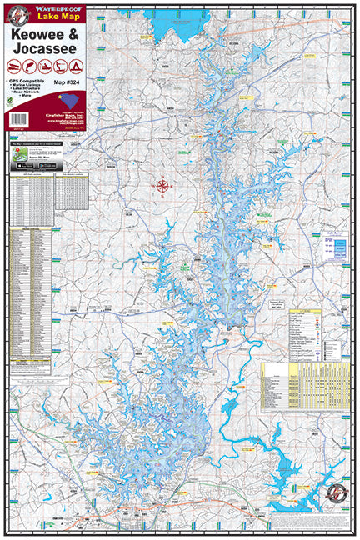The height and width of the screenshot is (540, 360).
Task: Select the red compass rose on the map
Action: pyautogui.click(x=163, y=186)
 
